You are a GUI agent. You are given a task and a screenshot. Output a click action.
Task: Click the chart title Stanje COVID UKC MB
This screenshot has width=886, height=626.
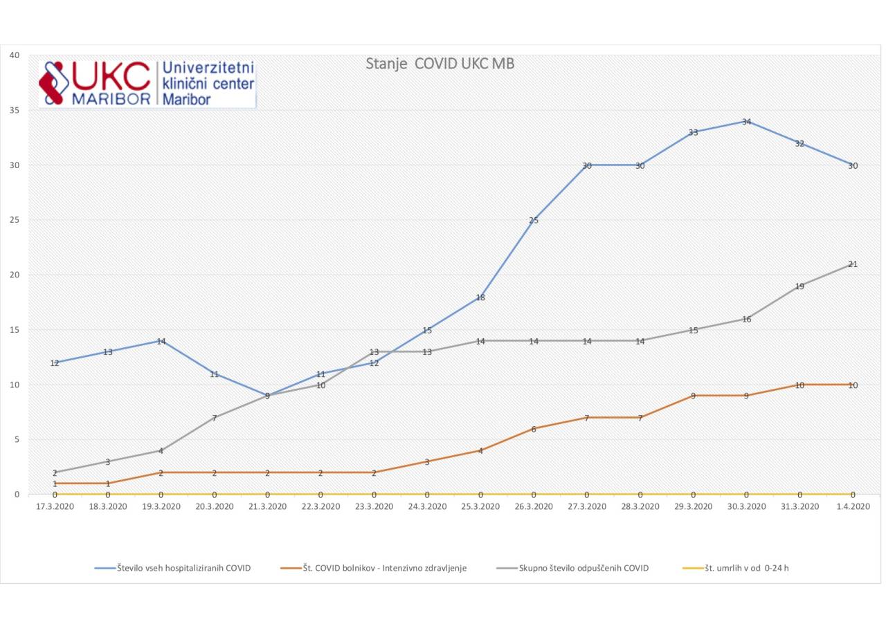pos(440,64)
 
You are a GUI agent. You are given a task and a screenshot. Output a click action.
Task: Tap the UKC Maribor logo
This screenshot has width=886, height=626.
pos(147,83)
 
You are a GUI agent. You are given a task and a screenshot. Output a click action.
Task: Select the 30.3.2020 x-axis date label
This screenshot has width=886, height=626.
pos(746,506)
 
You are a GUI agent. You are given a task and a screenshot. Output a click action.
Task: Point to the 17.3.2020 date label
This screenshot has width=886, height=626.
pos(55,506)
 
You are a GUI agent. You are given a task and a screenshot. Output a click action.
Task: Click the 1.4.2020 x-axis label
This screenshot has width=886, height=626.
pos(853,506)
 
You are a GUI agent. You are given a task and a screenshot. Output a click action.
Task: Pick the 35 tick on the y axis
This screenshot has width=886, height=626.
pos(14,110)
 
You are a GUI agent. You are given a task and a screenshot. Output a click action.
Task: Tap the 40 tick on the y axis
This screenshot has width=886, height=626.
pos(14,55)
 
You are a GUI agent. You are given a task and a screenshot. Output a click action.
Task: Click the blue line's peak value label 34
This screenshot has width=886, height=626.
pos(746,122)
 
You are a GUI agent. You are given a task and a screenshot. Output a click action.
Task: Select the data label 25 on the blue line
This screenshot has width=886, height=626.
pos(534,221)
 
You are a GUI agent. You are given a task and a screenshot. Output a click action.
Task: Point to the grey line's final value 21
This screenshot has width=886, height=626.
pos(853,264)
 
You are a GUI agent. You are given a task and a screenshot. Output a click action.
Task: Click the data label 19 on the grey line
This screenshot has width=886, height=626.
pos(799,286)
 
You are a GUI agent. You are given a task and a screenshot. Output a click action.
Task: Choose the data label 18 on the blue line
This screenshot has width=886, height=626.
pos(480,298)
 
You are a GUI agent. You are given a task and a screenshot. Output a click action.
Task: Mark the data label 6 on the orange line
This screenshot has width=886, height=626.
pos(534,430)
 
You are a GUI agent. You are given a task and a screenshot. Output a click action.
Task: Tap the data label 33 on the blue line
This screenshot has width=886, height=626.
pos(693,133)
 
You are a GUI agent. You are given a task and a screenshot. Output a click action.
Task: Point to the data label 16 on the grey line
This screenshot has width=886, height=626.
pos(746,320)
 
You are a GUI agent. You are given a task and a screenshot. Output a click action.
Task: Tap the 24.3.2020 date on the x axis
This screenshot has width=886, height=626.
pos(427,506)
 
